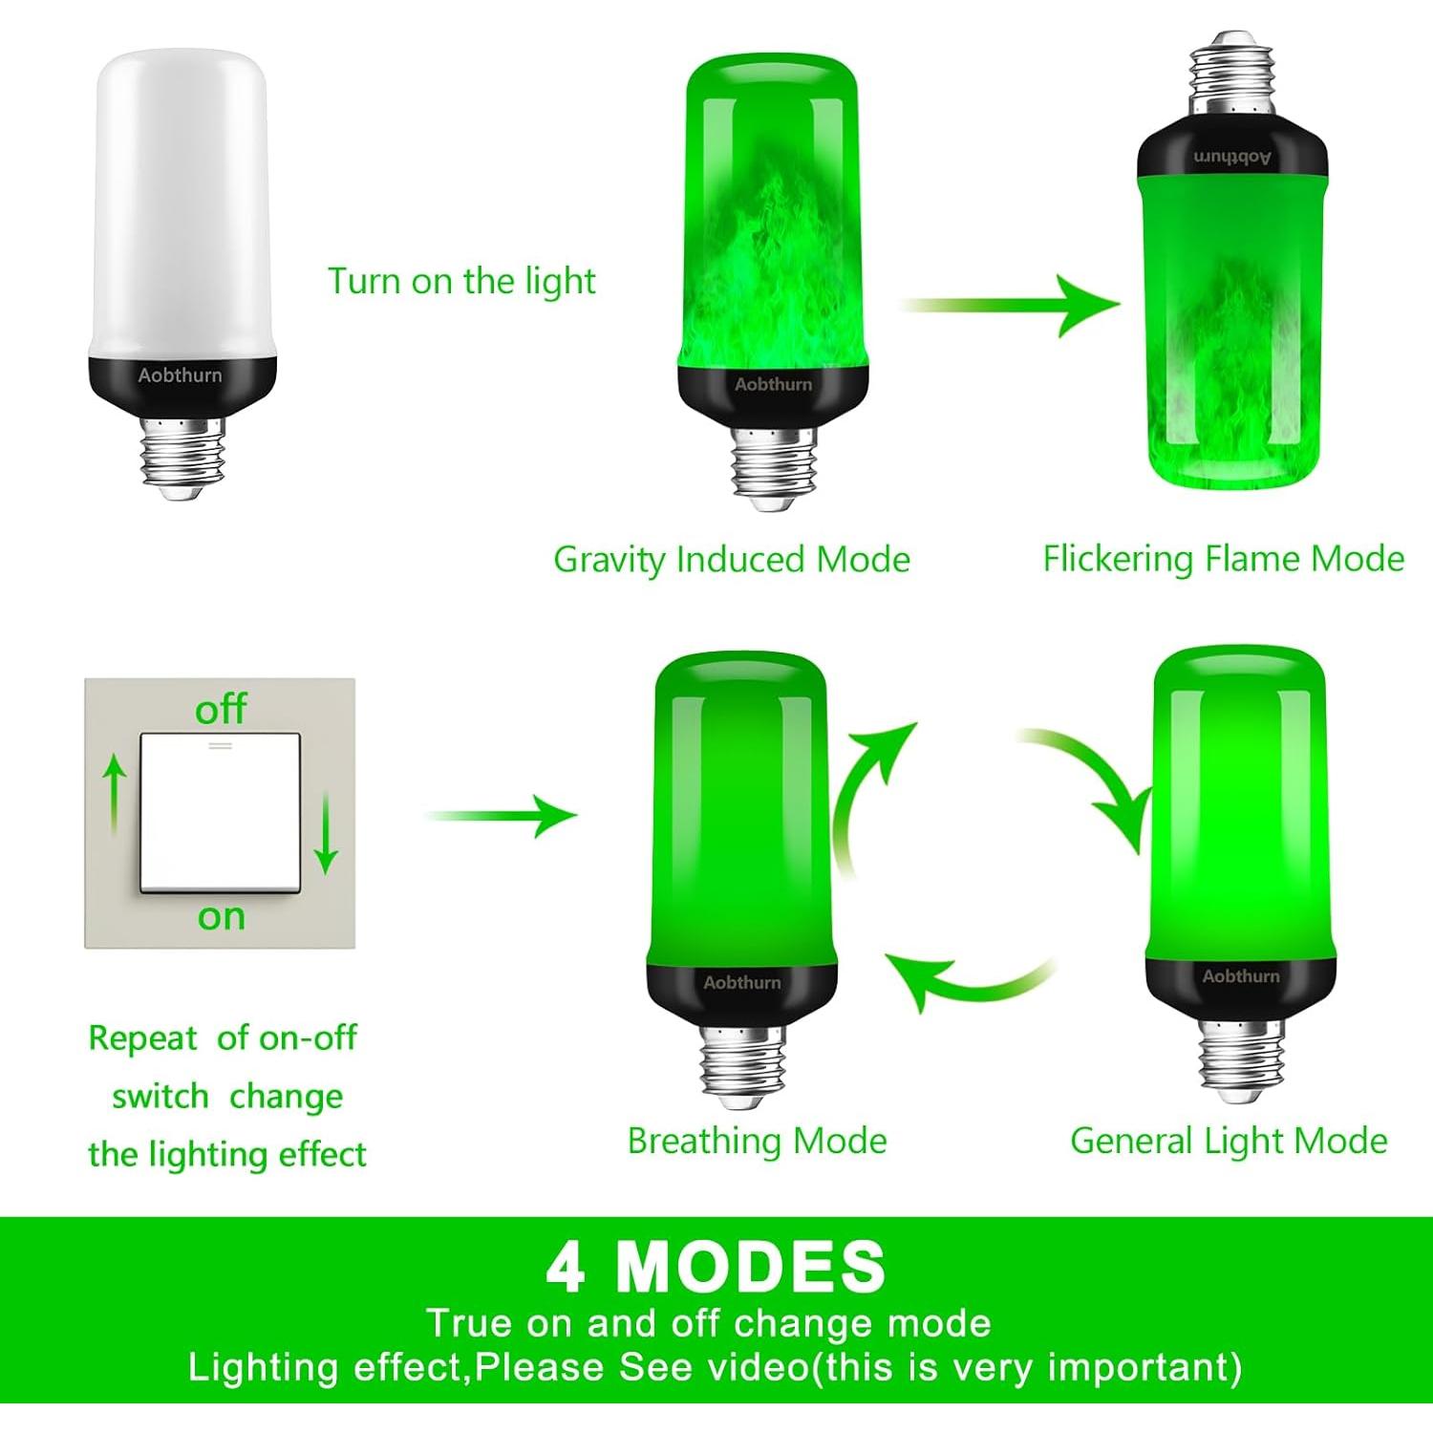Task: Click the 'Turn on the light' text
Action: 461,282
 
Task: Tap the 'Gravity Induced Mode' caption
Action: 731,560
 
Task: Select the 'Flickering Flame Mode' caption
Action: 1223,559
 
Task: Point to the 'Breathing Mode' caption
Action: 757,1141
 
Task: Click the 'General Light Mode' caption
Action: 1229,1141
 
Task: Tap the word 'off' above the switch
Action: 221,710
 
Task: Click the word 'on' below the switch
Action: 222,917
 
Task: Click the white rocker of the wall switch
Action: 221,813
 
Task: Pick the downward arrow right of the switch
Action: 327,831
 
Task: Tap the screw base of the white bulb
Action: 182,458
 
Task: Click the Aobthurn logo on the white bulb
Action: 180,375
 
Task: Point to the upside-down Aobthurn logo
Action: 1232,157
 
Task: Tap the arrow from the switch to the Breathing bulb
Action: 502,816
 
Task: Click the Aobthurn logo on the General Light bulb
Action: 1240,976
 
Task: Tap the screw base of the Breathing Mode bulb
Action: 742,1065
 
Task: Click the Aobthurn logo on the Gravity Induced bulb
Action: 773,384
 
